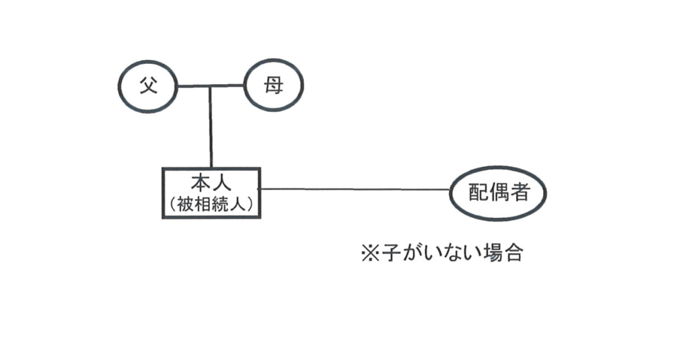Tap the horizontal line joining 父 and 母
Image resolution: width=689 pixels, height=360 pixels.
(229, 85)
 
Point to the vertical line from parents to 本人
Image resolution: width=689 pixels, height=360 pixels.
(211, 128)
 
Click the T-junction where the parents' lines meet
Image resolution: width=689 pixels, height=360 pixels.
(211, 86)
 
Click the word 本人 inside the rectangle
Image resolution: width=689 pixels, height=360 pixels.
(211, 183)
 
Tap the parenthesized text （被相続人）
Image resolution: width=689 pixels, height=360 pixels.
(211, 203)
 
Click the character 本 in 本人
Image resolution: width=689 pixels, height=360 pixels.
(201, 183)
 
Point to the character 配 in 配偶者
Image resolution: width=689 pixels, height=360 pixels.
(479, 193)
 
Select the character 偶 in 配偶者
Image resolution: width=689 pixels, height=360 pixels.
(499, 193)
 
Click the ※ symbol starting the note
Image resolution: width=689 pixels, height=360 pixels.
(371, 254)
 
